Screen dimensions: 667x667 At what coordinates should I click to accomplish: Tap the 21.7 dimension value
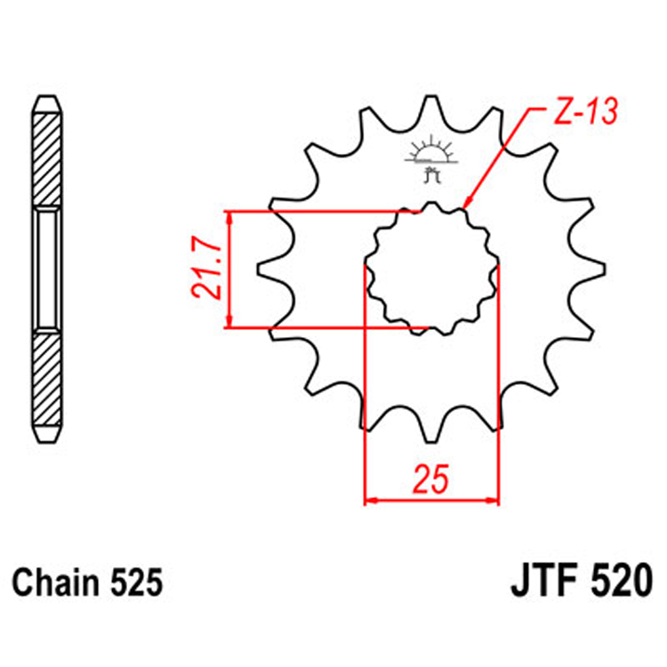(207, 269)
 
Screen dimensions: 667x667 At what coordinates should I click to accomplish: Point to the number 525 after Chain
(138, 583)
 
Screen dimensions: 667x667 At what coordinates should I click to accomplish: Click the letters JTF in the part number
(542, 583)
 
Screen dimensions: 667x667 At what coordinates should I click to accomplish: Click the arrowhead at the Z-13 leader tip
(467, 208)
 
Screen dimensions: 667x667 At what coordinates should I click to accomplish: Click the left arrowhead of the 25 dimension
(372, 501)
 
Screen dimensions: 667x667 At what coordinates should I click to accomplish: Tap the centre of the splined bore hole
(431, 269)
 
